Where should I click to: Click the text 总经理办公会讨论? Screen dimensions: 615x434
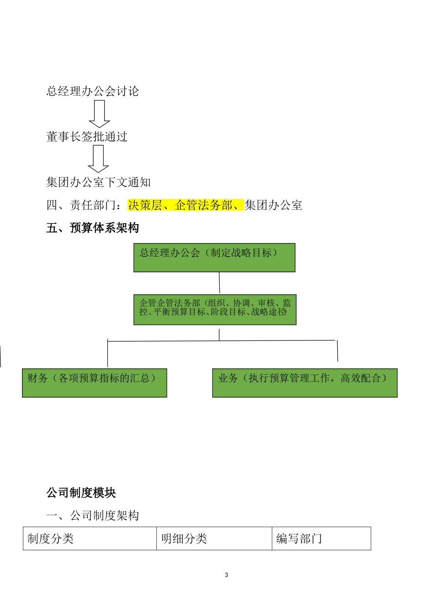(x=92, y=92)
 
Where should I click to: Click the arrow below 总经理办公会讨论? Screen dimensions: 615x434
(x=99, y=113)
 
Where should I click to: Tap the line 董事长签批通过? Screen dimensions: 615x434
(x=87, y=137)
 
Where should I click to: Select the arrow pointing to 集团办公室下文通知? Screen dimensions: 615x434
(x=98, y=158)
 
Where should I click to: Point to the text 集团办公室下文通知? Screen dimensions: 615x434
(x=98, y=183)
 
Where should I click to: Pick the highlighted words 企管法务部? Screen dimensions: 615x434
(x=204, y=205)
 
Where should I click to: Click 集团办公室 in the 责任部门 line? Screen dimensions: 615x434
(x=273, y=205)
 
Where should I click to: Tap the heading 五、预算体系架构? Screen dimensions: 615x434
(x=92, y=228)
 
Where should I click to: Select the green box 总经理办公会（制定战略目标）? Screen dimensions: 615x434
(x=214, y=258)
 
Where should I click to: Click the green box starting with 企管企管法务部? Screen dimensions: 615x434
(x=215, y=310)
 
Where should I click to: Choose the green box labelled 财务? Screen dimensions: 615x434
(x=94, y=383)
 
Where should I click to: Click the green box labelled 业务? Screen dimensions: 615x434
(x=305, y=383)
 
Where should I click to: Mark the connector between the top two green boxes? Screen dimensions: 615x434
(x=219, y=283)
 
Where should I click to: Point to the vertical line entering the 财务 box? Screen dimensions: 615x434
(x=108, y=355)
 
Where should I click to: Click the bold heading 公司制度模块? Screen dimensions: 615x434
(x=81, y=493)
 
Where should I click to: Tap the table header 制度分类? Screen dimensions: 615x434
(x=51, y=539)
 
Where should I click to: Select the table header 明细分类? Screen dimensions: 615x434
(x=184, y=539)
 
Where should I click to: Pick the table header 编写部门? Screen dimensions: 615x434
(x=299, y=539)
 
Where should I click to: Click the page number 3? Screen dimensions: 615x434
(x=227, y=575)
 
